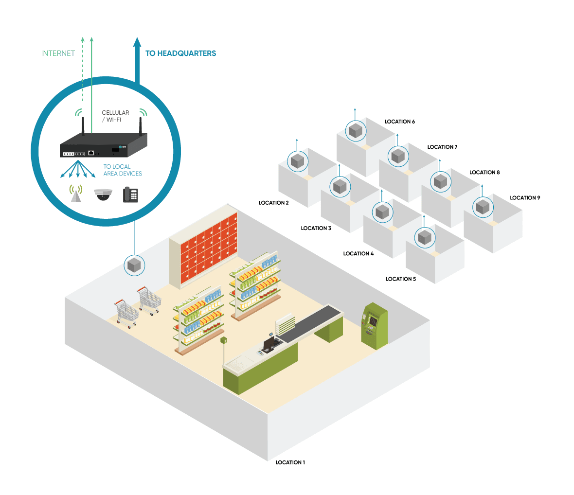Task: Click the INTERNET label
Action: (58, 53)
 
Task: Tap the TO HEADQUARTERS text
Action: (180, 53)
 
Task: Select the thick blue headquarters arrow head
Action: (137, 43)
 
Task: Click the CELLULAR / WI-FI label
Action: (115, 116)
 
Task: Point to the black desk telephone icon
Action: (130, 194)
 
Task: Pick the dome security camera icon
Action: (103, 194)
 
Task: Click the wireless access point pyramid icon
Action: (75, 194)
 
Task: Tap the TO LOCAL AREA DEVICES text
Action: (122, 170)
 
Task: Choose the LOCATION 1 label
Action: (290, 462)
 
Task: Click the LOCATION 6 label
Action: (399, 122)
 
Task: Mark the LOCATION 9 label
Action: (525, 198)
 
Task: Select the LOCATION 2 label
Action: (273, 203)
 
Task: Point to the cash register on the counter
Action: (269, 343)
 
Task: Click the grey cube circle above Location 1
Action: (134, 265)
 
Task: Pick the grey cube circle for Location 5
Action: (425, 237)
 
